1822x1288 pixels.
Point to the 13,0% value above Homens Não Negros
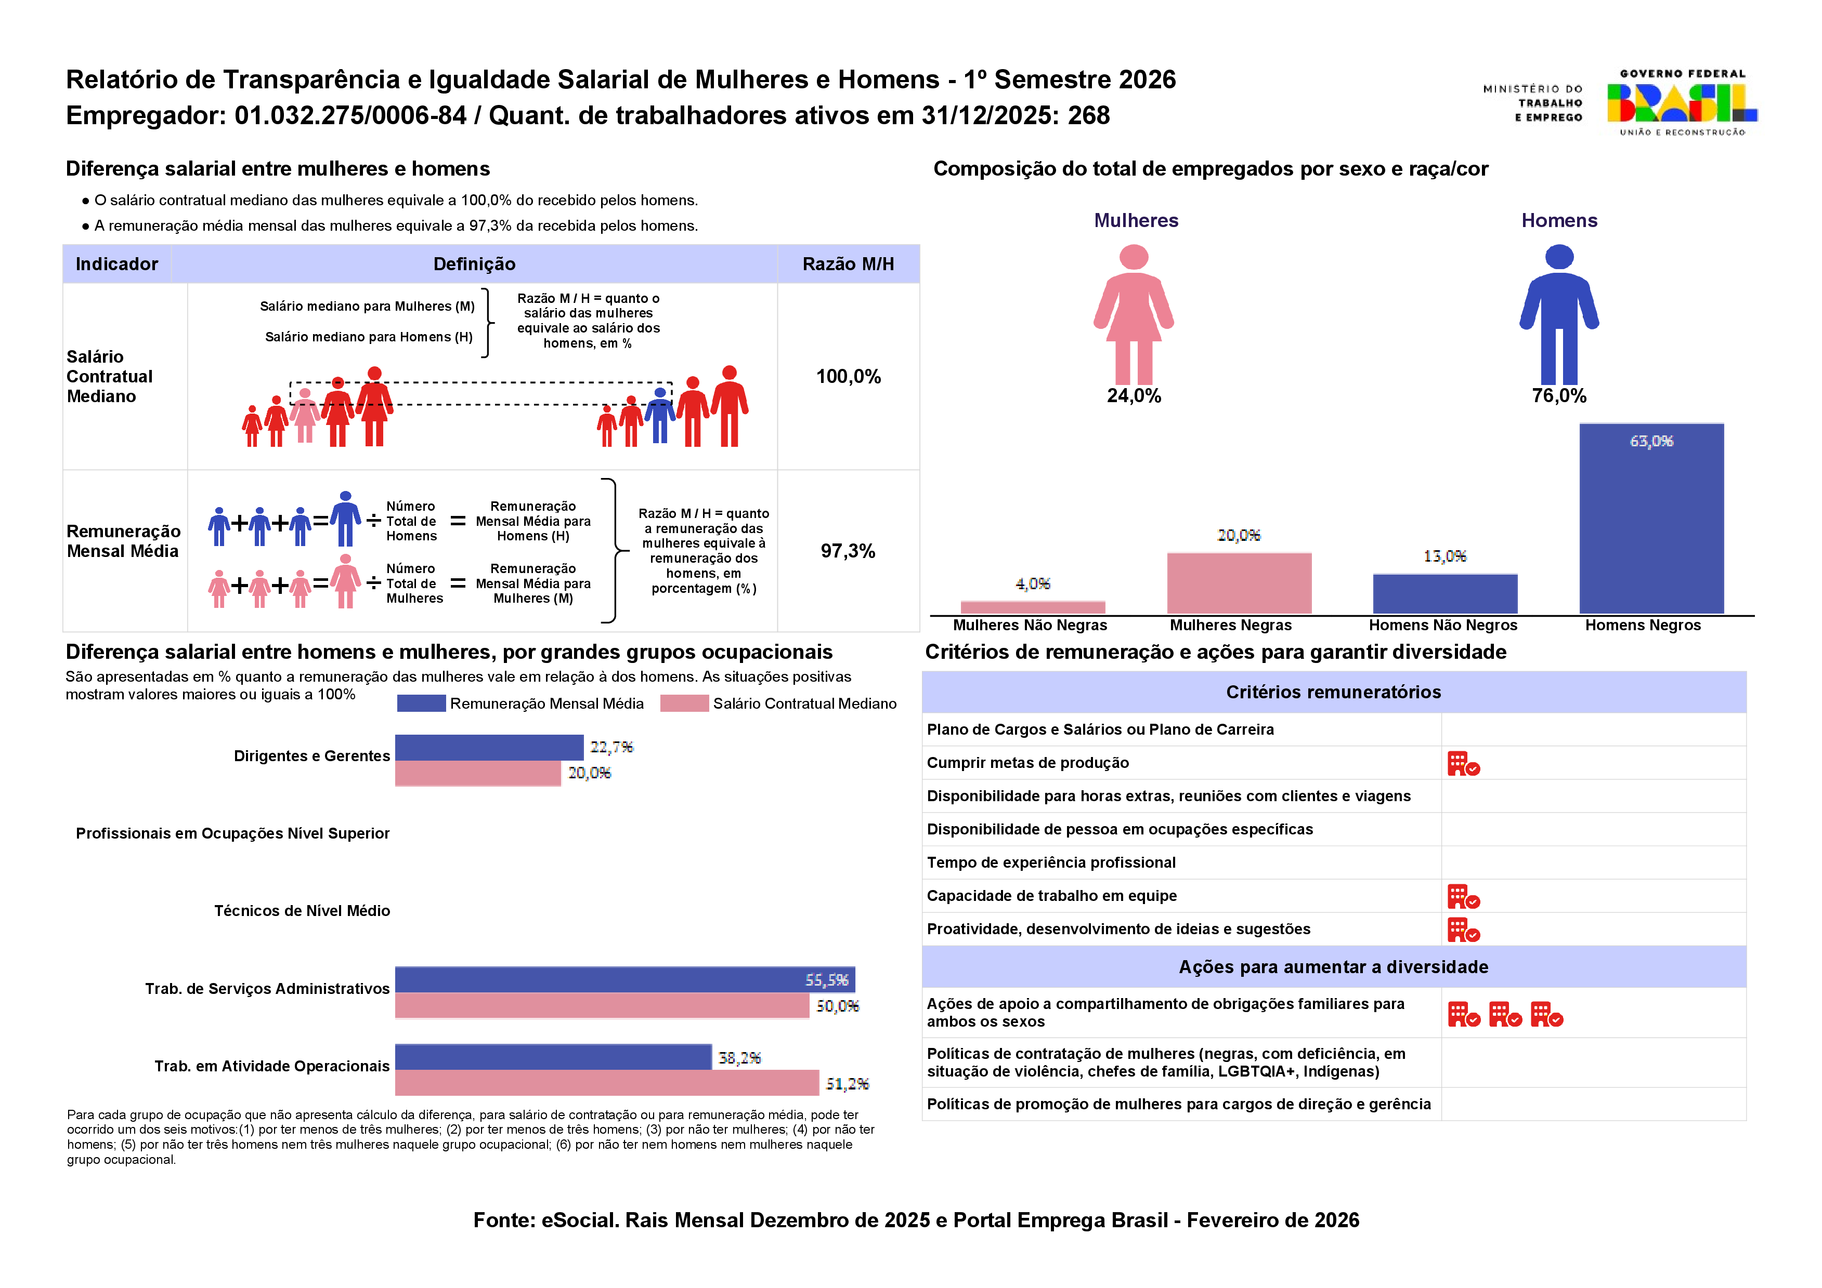(x=1444, y=556)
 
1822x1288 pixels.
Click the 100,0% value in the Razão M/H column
(x=848, y=377)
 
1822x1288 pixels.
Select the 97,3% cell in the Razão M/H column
(x=848, y=551)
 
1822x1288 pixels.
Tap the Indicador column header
(x=116, y=264)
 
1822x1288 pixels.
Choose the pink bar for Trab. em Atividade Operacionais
(x=606, y=1083)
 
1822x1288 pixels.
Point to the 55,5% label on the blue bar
(x=826, y=980)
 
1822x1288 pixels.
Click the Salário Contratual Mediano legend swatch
(x=684, y=703)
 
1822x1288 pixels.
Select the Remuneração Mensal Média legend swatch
(x=421, y=703)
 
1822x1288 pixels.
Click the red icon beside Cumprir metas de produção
(x=1463, y=764)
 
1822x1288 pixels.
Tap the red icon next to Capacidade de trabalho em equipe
(x=1463, y=896)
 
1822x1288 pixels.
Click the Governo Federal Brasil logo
(x=1682, y=103)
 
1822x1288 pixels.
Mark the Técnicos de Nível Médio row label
(x=302, y=910)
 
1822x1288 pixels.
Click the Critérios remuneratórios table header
(x=1333, y=693)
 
